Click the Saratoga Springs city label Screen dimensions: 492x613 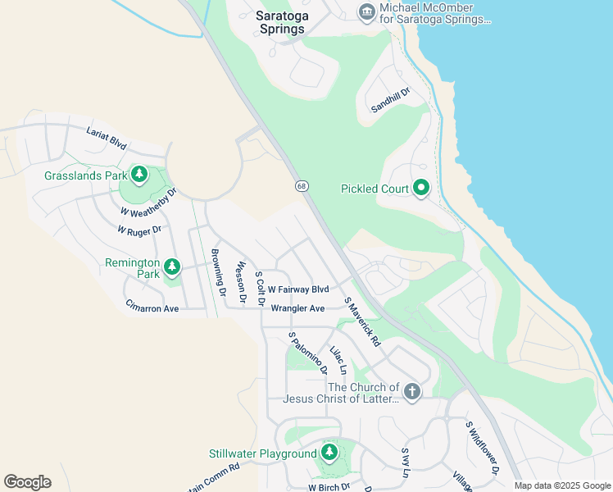click(279, 22)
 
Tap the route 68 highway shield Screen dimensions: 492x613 click(302, 187)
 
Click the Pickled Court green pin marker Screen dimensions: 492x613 click(421, 189)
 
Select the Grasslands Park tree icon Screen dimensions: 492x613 click(139, 174)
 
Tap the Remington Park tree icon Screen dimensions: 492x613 click(172, 267)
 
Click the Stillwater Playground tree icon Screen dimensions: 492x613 click(329, 453)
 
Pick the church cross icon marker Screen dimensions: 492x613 click(411, 392)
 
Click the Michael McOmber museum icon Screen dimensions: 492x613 click(366, 11)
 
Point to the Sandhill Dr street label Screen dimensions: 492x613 click(390, 102)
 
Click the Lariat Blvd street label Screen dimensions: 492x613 click(107, 139)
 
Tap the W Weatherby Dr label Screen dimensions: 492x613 click(148, 202)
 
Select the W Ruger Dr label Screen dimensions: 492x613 click(140, 230)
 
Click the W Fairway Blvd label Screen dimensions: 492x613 click(297, 289)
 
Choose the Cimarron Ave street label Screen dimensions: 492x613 click(152, 308)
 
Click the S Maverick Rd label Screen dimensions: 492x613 click(363, 321)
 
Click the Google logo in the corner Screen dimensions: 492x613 click(27, 482)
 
